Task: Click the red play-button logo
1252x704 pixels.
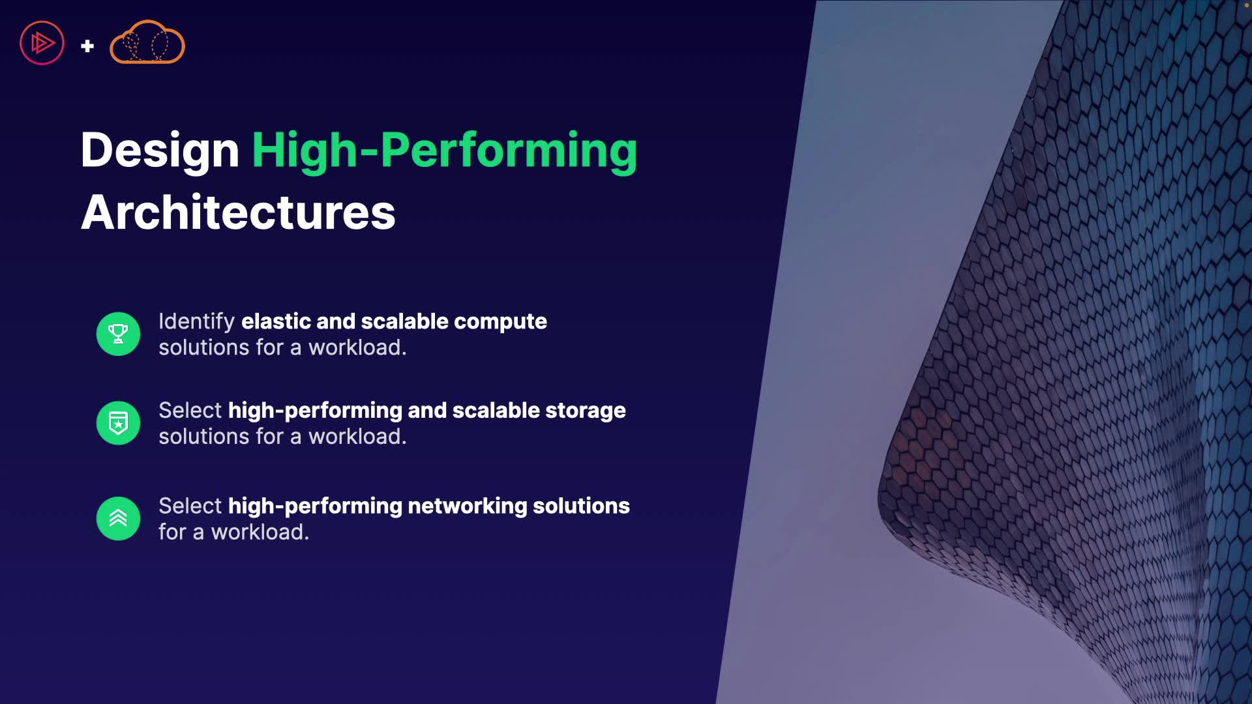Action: [42, 43]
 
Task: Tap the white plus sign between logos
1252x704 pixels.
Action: [87, 46]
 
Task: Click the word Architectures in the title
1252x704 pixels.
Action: [238, 213]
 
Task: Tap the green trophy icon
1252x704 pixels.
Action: [118, 334]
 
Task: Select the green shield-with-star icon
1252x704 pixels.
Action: [118, 422]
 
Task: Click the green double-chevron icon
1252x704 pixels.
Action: [118, 518]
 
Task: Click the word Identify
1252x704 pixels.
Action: [196, 322]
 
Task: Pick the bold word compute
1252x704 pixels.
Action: [500, 322]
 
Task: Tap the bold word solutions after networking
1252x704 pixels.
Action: [581, 506]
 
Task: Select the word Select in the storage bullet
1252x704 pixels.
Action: [190, 410]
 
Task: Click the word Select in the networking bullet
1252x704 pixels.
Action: [190, 506]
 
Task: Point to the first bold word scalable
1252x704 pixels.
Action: [404, 321]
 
